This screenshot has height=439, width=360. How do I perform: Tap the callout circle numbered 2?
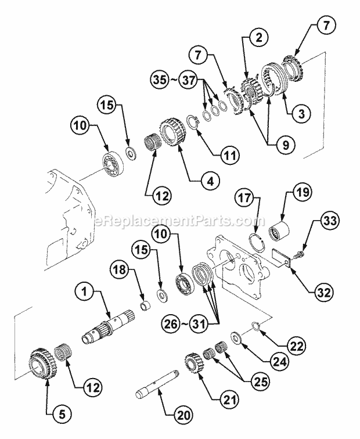[258, 39]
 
